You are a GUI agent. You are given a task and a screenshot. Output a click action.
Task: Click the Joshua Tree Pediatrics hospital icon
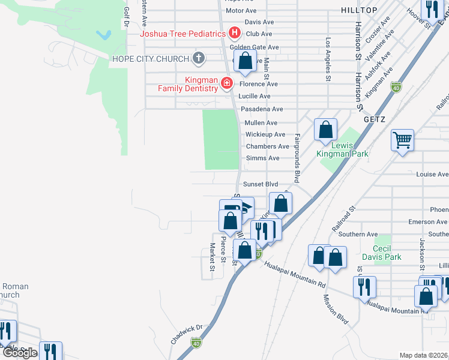(235, 34)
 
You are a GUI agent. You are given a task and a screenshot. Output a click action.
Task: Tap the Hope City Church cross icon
(199, 59)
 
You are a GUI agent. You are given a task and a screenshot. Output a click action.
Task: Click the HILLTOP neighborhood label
(376, 11)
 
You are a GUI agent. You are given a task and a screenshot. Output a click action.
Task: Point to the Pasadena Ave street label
(261, 109)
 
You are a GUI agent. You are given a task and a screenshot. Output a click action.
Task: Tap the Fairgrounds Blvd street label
(297, 159)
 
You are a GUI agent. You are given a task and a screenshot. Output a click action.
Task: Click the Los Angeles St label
(328, 59)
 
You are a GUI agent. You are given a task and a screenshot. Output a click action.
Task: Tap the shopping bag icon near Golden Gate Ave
(245, 61)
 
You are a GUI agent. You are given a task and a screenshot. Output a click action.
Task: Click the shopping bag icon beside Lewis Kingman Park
(325, 129)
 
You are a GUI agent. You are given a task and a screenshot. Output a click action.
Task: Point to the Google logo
(20, 352)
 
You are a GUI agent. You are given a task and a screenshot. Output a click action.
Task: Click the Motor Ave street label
(241, 11)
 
